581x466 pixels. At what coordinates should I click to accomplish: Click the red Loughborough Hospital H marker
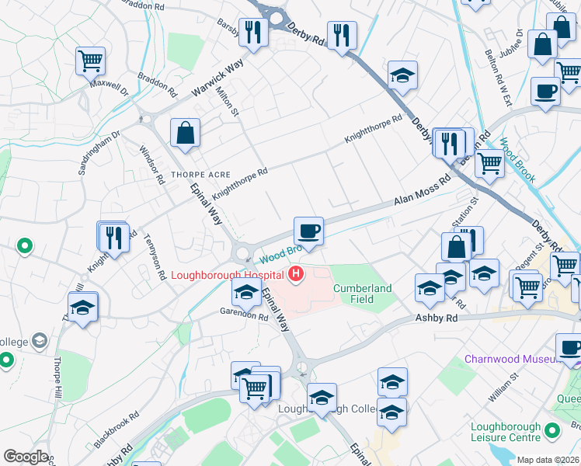coord(296,273)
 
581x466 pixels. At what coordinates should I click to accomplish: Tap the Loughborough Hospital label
coord(228,274)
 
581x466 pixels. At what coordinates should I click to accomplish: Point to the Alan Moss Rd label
coord(422,191)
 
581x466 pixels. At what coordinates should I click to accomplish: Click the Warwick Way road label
coord(217,78)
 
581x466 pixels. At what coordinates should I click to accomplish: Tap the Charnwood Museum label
coord(511,359)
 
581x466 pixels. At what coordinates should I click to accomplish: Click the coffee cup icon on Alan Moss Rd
coord(308,231)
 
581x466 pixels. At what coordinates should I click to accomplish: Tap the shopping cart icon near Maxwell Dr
coord(90,61)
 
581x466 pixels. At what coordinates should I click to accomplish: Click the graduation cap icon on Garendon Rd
coord(246,293)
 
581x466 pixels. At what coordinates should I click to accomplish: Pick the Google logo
coord(26,457)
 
